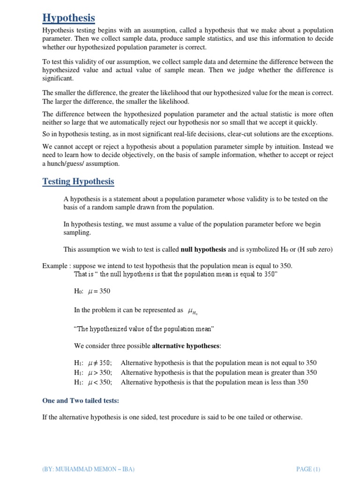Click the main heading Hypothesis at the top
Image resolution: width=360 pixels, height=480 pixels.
pos(68,18)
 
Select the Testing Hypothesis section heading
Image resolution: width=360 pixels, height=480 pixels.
pos(78,181)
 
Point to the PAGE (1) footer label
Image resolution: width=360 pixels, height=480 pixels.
pos(308,469)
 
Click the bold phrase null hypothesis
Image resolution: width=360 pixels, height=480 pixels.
pos(203,249)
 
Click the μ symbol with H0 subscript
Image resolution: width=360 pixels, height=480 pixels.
pos(193,311)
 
